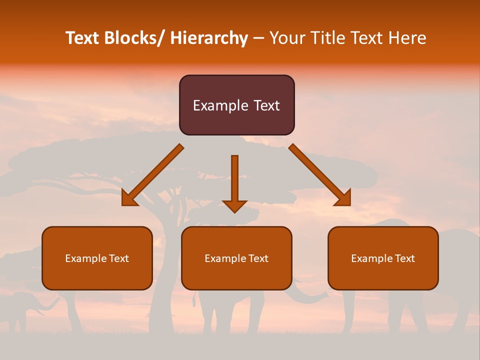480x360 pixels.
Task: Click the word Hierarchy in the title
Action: (209, 38)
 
